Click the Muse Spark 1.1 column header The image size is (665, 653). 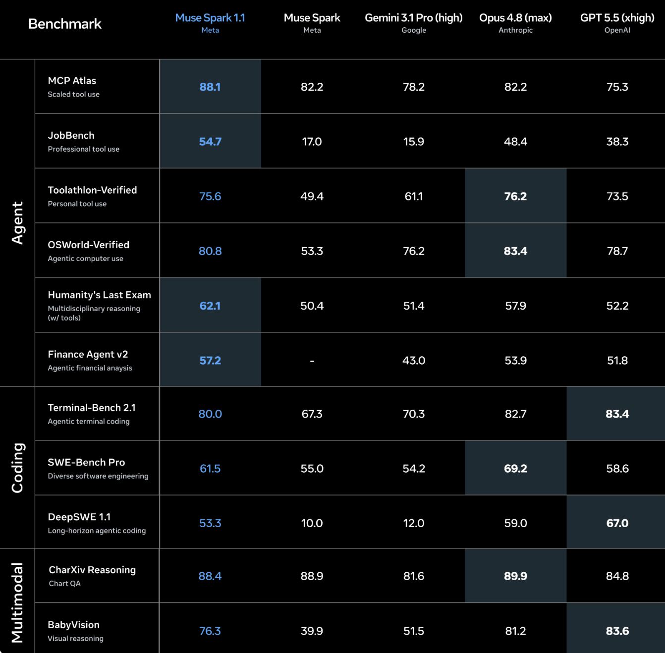(x=210, y=18)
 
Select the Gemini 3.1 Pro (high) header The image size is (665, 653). (x=413, y=18)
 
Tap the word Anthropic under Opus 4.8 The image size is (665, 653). (x=515, y=30)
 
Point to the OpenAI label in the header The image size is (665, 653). (x=617, y=30)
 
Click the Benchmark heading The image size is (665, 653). (x=64, y=24)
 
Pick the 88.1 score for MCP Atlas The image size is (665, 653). (x=210, y=87)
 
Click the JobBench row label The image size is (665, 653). (x=71, y=135)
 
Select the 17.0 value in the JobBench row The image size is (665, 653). (x=312, y=142)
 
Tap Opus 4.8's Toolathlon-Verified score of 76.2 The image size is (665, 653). (x=515, y=196)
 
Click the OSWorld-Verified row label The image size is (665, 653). (x=88, y=245)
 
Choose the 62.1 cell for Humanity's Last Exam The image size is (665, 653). (x=210, y=306)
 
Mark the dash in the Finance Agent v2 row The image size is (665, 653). (x=312, y=361)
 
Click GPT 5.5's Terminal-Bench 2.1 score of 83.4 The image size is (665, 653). (x=617, y=414)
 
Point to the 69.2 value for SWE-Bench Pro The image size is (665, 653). (x=515, y=468)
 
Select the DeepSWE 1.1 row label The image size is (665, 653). (x=79, y=517)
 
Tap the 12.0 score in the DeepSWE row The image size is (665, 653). (x=413, y=523)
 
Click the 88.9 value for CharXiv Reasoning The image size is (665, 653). (x=312, y=576)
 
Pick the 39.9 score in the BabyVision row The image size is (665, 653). (x=312, y=631)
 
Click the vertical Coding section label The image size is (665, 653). (x=17, y=468)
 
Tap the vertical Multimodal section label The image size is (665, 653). (x=17, y=602)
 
